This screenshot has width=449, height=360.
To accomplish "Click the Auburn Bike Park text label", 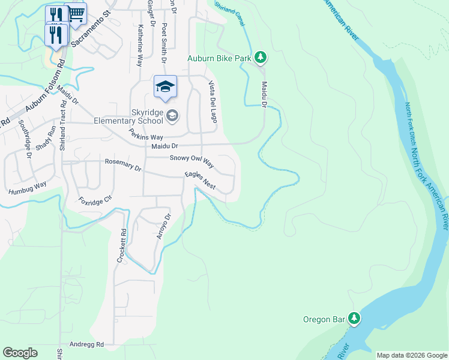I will coord(219,58).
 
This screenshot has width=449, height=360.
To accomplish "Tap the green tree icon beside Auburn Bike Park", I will coord(261,58).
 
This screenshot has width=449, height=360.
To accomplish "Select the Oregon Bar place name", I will coord(324,319).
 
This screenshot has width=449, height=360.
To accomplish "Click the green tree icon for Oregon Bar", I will coord(355,319).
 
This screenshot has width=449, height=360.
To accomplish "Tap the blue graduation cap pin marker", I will coord(165,87).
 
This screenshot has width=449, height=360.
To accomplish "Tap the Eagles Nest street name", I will coord(199,181).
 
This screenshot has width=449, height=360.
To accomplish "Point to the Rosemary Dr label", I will coord(122,165).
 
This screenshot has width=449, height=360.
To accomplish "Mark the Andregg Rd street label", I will coord(86,344).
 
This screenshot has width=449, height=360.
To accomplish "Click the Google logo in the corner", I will coord(20,353).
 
